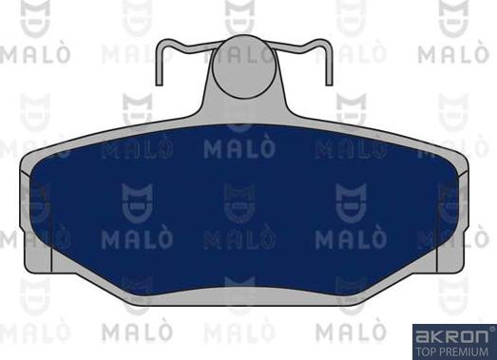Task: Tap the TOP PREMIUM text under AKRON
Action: click(x=453, y=351)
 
